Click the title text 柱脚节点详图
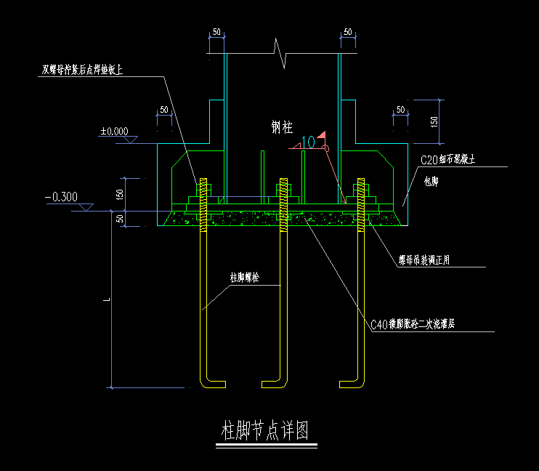click(265, 432)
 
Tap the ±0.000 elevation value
click(114, 132)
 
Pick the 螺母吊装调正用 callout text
click(423, 259)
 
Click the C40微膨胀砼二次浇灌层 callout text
click(412, 325)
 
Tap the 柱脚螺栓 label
click(245, 278)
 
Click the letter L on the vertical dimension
click(107, 299)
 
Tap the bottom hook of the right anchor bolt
click(350, 380)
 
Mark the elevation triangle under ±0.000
click(131, 140)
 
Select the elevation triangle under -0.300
click(85, 208)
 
